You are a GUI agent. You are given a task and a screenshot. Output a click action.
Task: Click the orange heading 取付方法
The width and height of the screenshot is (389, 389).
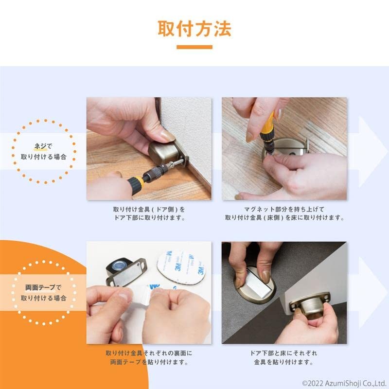(194, 29)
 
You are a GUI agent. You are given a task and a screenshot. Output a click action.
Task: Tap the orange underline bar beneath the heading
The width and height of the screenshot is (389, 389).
(194, 47)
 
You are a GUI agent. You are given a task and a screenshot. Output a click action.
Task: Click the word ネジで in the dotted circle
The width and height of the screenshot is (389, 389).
(43, 146)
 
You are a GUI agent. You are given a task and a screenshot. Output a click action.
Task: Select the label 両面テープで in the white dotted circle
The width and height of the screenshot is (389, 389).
(43, 287)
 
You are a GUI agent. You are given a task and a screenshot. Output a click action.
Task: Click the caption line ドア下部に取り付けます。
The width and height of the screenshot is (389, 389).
(149, 218)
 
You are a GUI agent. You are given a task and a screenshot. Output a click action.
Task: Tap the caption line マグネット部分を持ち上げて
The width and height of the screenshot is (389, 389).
(284, 209)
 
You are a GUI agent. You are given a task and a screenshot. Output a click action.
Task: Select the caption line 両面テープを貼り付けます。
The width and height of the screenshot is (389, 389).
(149, 362)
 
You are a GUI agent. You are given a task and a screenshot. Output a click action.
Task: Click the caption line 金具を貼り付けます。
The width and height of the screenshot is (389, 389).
(283, 362)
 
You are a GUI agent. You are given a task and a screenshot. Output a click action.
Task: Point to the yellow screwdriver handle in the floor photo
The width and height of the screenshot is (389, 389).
(266, 126)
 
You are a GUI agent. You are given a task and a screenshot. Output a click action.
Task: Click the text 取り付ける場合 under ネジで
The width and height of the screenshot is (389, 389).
(44, 157)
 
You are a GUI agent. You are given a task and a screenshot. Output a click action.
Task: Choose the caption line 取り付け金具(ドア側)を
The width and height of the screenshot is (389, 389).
(149, 209)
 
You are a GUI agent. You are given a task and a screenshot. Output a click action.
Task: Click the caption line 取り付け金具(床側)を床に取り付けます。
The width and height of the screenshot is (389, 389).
(284, 218)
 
